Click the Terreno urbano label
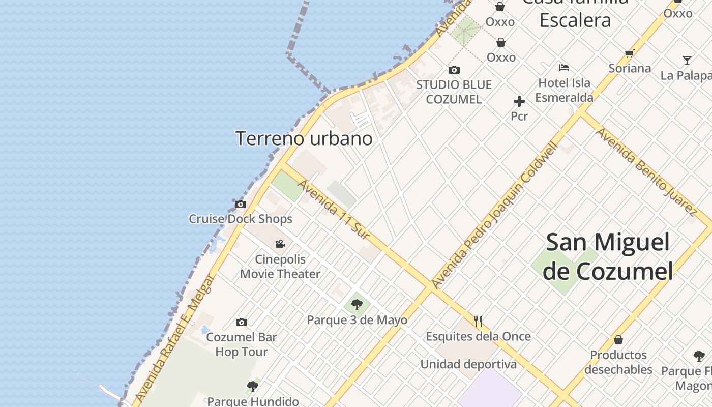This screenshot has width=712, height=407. click(x=304, y=138)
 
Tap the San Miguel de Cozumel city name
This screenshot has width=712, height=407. click(x=608, y=256)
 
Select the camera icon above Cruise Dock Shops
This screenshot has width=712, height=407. click(x=241, y=205)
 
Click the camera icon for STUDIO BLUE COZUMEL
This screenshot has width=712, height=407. click(x=454, y=70)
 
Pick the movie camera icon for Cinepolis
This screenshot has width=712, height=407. click(x=280, y=244)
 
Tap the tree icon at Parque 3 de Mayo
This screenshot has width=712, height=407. click(x=357, y=305)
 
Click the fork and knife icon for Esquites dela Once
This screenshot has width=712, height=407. click(x=478, y=322)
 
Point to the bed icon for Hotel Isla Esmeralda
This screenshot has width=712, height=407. click(x=563, y=67)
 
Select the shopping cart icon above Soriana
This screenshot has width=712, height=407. click(x=630, y=53)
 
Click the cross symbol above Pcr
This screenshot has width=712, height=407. click(x=519, y=101)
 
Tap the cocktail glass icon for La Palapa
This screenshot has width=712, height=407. click(x=687, y=61)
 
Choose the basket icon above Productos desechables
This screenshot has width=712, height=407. click(x=618, y=339)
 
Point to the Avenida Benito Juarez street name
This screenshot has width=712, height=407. click(x=646, y=171)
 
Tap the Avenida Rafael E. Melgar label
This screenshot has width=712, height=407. click(x=173, y=338)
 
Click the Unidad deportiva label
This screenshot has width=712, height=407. click(x=468, y=364)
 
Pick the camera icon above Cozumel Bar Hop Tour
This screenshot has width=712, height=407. click(x=242, y=322)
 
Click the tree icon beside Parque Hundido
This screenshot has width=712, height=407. click(x=252, y=387)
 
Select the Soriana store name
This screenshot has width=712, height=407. click(x=630, y=68)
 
